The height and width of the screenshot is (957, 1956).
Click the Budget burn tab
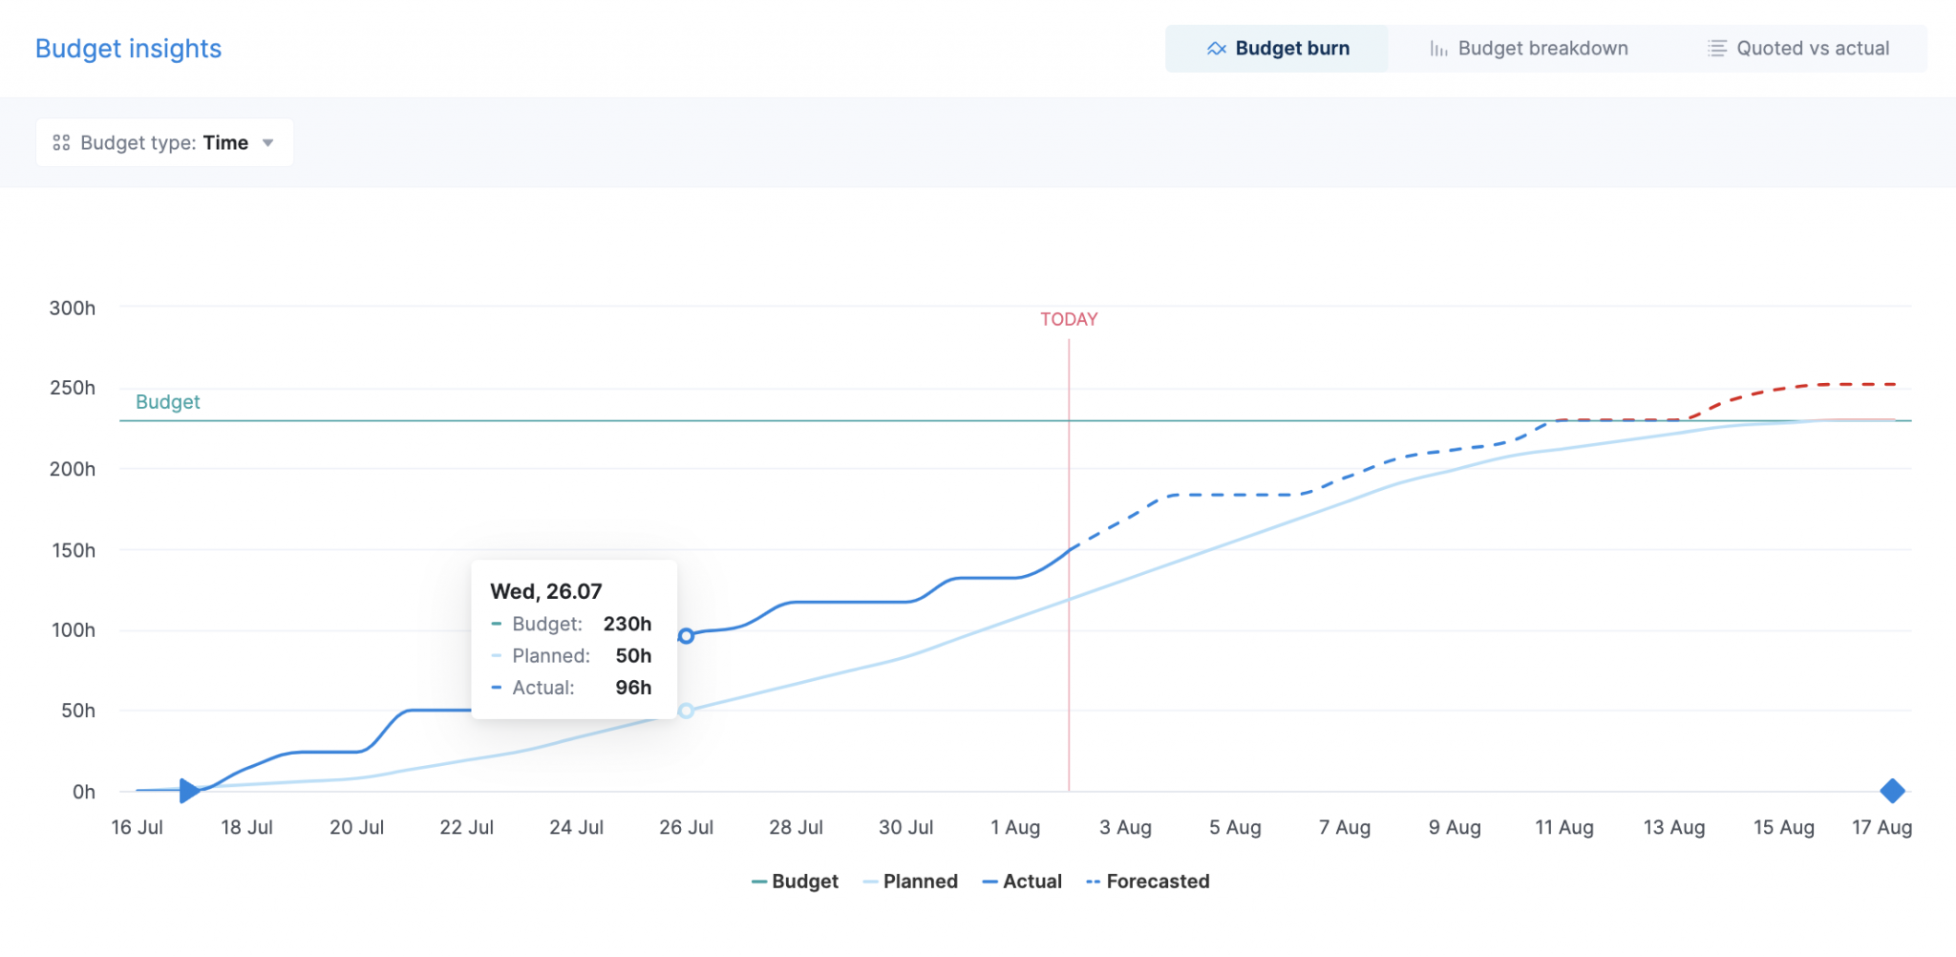(1277, 49)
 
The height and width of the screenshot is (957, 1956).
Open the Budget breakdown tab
(1528, 49)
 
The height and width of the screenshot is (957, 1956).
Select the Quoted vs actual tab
(1798, 49)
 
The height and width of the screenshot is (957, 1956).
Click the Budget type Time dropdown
(164, 143)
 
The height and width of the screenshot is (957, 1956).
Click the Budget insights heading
(128, 49)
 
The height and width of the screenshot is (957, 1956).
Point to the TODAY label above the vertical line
(1069, 320)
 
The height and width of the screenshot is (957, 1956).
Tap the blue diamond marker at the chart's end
(1892, 791)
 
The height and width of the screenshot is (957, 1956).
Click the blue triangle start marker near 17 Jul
(189, 791)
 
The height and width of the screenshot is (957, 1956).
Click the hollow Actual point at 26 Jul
(686, 636)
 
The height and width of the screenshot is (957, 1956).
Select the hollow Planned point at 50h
(686, 711)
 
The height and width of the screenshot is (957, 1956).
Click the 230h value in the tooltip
(627, 624)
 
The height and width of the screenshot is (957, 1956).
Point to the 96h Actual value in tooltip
(632, 688)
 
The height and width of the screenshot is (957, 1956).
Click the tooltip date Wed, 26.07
(546, 591)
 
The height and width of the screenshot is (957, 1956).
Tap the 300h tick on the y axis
(73, 308)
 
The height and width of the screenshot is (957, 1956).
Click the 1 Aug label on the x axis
(1015, 828)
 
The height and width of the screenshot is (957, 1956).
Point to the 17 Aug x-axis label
(1882, 828)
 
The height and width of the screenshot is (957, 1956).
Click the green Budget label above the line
(167, 402)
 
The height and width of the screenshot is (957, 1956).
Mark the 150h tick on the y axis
(73, 551)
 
